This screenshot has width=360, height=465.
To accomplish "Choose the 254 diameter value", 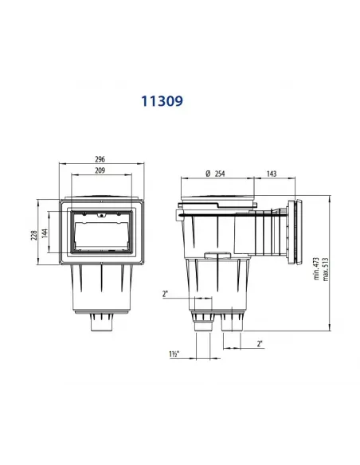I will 218,173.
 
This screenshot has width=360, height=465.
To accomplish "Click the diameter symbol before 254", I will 206,173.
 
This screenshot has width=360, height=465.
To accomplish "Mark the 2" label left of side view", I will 165,294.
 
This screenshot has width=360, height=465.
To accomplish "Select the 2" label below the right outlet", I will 260,344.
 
